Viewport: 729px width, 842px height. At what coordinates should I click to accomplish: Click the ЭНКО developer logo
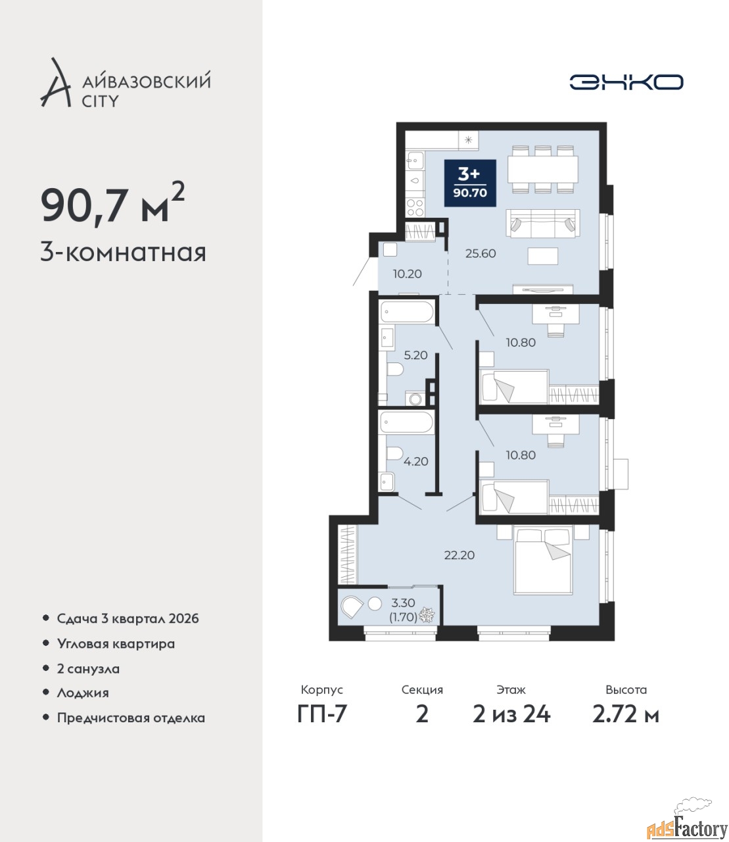click(x=626, y=82)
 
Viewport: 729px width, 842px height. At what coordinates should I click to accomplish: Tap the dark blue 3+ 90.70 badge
click(x=470, y=183)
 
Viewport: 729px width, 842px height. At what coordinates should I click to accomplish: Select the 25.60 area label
click(x=481, y=253)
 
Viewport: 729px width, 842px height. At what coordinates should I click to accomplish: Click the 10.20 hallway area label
click(x=407, y=274)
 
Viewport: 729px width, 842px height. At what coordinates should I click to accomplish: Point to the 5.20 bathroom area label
click(x=415, y=355)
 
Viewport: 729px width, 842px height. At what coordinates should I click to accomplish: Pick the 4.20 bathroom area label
click(x=415, y=462)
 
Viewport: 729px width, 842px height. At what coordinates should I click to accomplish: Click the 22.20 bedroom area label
click(x=459, y=555)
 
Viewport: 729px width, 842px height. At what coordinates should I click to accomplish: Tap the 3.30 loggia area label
click(x=403, y=603)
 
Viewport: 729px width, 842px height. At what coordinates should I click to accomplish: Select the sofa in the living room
click(x=543, y=224)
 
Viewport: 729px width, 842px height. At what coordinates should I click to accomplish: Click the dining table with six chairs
click(x=543, y=169)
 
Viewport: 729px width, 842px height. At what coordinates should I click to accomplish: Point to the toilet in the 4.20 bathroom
click(x=394, y=453)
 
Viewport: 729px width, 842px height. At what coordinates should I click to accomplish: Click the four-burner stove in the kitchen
click(x=415, y=208)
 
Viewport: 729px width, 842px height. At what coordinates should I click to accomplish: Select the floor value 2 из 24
click(x=511, y=726)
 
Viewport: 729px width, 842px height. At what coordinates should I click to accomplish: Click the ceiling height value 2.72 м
click(x=626, y=726)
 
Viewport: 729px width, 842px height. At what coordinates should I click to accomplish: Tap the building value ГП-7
click(x=322, y=726)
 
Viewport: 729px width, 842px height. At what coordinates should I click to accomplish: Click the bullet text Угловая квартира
click(x=116, y=644)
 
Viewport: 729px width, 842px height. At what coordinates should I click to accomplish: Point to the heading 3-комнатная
click(x=124, y=253)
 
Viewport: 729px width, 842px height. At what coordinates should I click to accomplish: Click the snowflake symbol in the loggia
click(x=427, y=615)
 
